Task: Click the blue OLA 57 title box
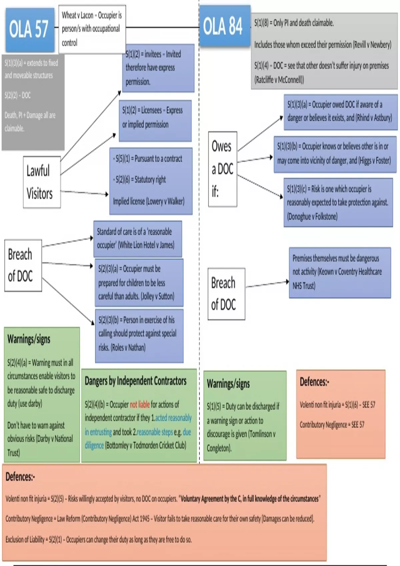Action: tap(30, 29)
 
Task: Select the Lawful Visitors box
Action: tap(42, 182)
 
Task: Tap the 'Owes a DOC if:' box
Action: tap(222, 169)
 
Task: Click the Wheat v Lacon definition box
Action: tap(92, 29)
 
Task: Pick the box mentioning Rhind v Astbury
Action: tap(340, 112)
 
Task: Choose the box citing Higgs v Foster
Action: tap(335, 154)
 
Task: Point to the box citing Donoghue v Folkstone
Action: tap(338, 202)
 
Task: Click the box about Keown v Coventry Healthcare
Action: tap(339, 272)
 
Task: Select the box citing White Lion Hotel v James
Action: tap(137, 238)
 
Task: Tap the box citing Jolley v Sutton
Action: tap(139, 282)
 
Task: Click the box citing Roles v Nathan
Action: tap(139, 334)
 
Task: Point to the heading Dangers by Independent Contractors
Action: tap(135, 381)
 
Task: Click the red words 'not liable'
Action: tap(140, 405)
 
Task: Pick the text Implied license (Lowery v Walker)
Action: tap(149, 201)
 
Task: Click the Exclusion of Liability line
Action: tap(98, 539)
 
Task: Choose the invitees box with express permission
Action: tap(158, 68)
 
